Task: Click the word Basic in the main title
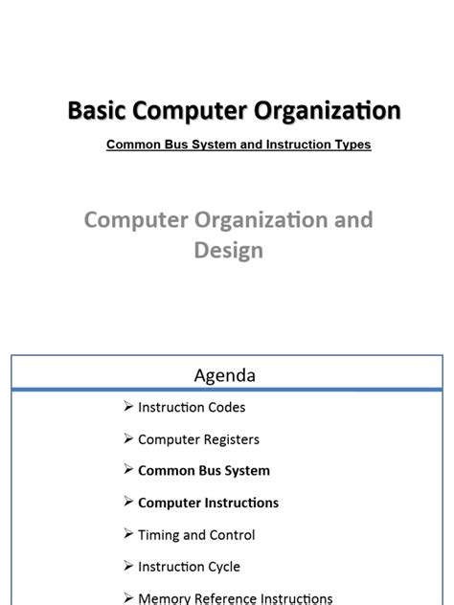pyautogui.click(x=94, y=112)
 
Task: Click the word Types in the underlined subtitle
pyautogui.click(x=350, y=146)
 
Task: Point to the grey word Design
pyautogui.click(x=228, y=251)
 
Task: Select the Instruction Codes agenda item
pyautogui.click(x=192, y=407)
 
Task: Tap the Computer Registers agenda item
pyautogui.click(x=198, y=439)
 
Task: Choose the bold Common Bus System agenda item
pyautogui.click(x=204, y=471)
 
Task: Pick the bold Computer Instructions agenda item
pyautogui.click(x=208, y=503)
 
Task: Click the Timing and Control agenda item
pyautogui.click(x=196, y=535)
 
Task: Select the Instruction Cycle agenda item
pyautogui.click(x=189, y=567)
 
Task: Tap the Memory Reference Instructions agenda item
pyautogui.click(x=235, y=598)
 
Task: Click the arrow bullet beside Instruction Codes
pyautogui.click(x=128, y=407)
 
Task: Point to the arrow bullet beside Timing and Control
pyautogui.click(x=128, y=534)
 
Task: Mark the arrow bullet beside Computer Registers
pyautogui.click(x=128, y=438)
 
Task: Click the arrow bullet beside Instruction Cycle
pyautogui.click(x=128, y=566)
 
